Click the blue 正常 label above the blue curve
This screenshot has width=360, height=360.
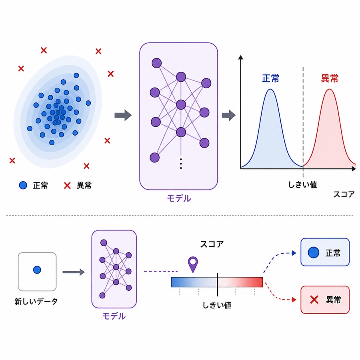tap(271, 78)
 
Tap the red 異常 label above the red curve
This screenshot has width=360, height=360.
tap(330, 78)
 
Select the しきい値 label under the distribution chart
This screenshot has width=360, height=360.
tap(303, 184)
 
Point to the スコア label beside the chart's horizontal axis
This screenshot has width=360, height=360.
tap(344, 194)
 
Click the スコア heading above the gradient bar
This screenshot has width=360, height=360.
tap(212, 244)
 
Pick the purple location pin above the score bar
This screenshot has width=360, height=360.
tap(193, 264)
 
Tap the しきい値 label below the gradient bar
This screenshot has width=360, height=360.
tap(217, 305)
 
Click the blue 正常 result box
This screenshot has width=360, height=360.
tap(325, 252)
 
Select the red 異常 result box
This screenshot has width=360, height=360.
tap(325, 300)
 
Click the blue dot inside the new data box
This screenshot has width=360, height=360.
tap(37, 270)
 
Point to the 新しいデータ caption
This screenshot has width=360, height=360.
tap(36, 302)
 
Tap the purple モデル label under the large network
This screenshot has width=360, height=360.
tap(179, 198)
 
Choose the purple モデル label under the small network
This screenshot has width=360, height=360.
tap(114, 316)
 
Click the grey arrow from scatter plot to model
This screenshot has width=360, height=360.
tap(123, 115)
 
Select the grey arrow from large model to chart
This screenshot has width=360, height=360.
tap(229, 115)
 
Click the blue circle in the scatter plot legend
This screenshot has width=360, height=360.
tap(23, 185)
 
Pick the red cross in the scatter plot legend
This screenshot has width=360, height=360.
tap(67, 186)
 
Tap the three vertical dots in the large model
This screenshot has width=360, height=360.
tap(181, 164)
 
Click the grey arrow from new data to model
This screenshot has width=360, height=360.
tap(74, 272)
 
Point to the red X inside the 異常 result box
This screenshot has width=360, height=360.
tap(314, 300)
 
